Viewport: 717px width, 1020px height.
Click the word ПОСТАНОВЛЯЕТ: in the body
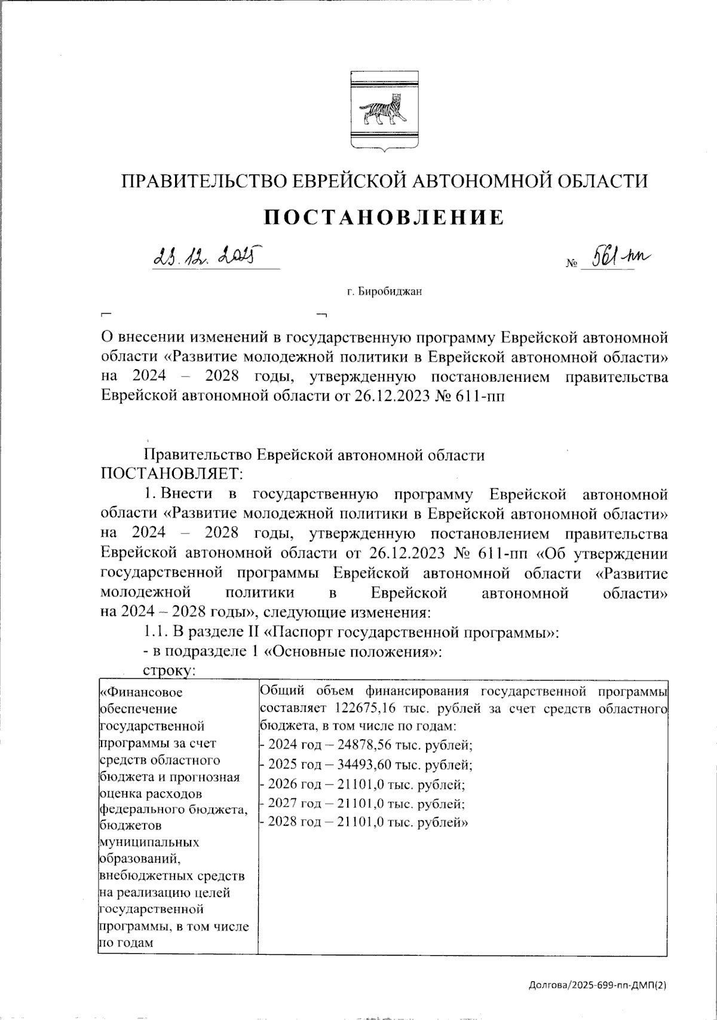pos(172,473)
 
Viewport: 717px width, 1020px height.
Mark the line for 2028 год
pos(364,822)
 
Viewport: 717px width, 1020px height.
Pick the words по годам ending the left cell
pos(126,943)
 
